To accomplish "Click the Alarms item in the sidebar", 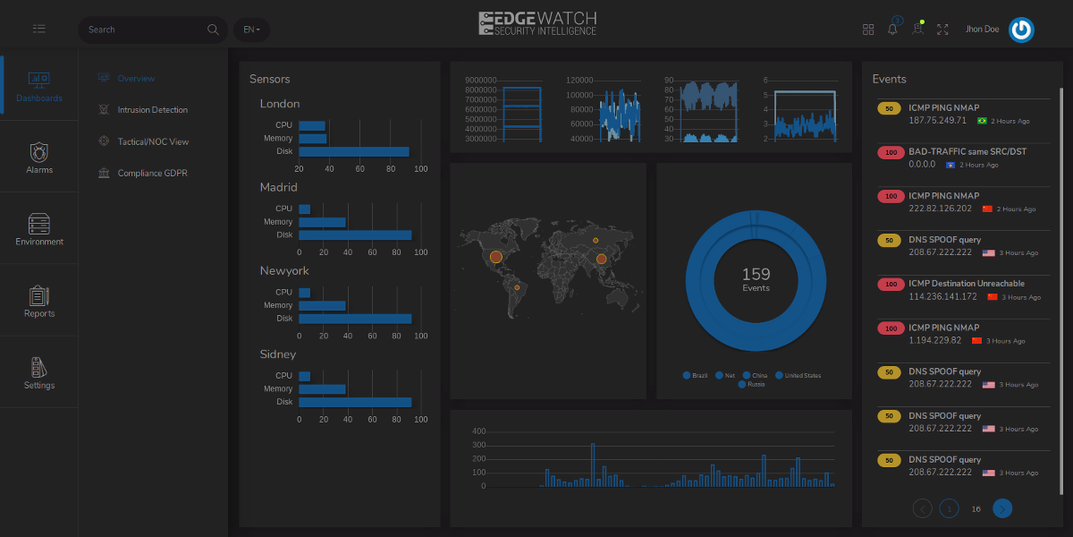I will tap(39, 157).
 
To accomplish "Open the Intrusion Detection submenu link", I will tap(152, 110).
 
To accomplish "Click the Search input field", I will tap(143, 30).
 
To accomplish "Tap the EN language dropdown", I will tap(251, 30).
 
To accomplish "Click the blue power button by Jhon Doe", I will tap(1021, 30).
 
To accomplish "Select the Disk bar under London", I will tap(353, 152).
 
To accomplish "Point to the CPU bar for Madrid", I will tap(305, 209).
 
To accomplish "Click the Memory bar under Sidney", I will tap(322, 389).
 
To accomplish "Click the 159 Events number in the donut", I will tap(756, 274).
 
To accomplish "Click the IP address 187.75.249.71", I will tap(937, 121).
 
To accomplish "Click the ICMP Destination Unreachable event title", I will tap(967, 284).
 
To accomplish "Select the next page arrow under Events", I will tap(1002, 508).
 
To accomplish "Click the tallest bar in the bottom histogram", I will tap(593, 465).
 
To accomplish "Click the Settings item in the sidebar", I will tap(39, 372).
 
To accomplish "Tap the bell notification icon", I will tap(892, 30).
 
